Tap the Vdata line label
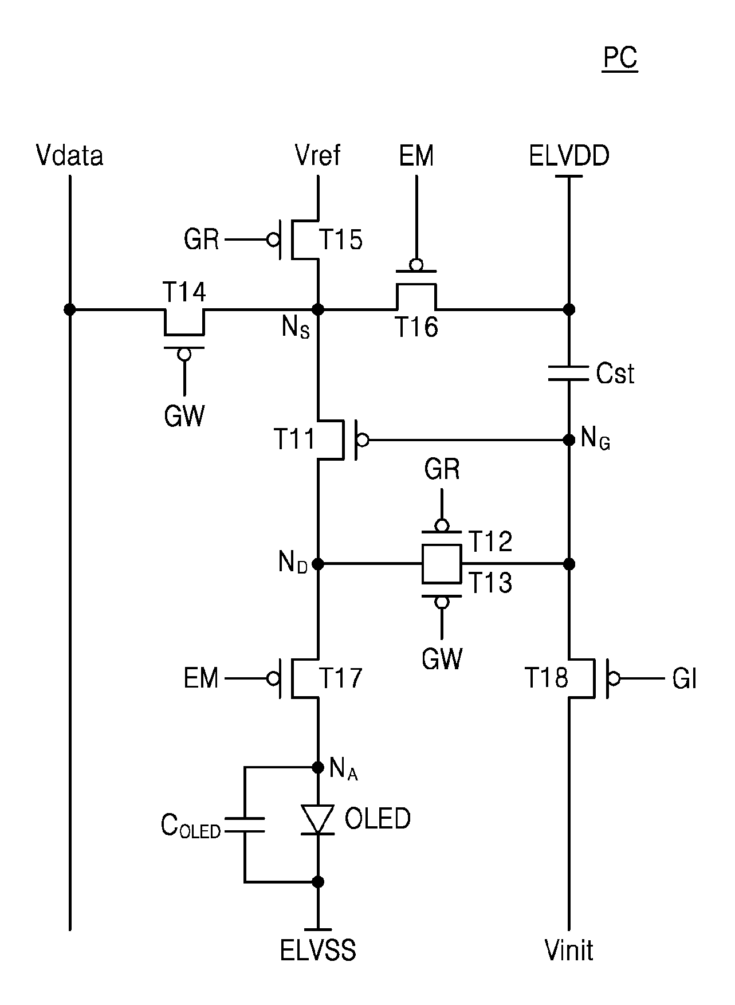coord(69,155)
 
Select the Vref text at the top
coord(317,155)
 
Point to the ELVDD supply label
coord(569,155)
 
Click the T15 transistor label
coord(340,239)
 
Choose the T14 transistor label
coord(184,293)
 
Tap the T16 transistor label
coord(416,327)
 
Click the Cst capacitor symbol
coord(569,373)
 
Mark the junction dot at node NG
coord(569,440)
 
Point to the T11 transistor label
coord(295,439)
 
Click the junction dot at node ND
coord(317,564)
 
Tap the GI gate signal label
coord(685,679)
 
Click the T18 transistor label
coord(547,678)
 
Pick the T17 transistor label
coord(340,678)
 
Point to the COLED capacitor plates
coord(245,825)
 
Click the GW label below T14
coord(184,416)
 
